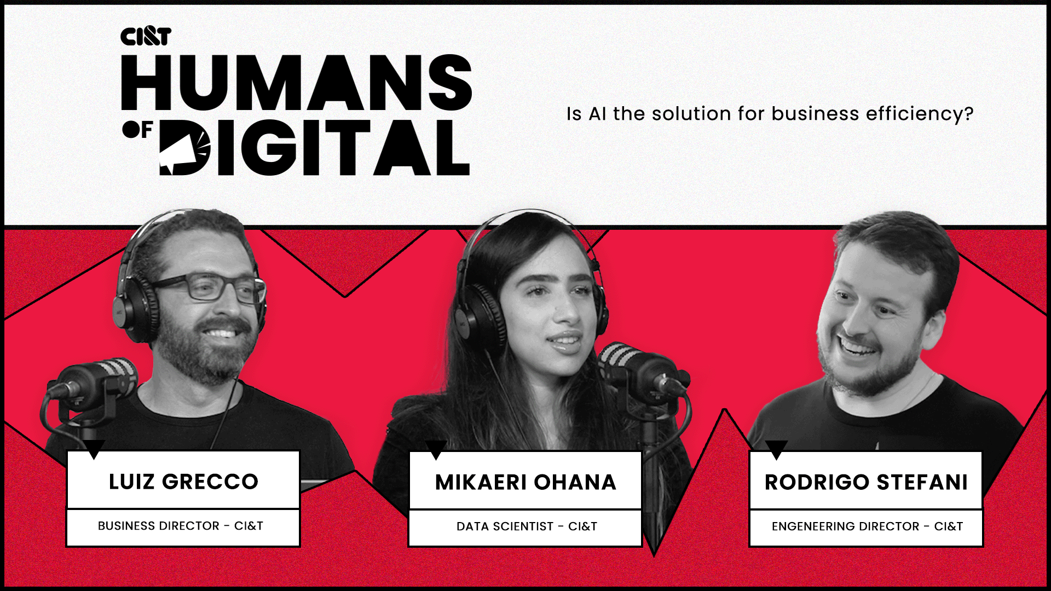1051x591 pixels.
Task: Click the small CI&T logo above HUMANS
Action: coord(146,37)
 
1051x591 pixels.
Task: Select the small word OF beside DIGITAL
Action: coord(137,130)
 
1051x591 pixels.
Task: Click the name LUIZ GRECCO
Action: coord(183,482)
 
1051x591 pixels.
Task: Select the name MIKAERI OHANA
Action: coord(525,482)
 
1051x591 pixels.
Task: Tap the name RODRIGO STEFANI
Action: coord(866,482)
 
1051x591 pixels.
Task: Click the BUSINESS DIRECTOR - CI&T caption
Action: coord(181,526)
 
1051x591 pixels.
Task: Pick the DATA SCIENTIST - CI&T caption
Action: coord(527,526)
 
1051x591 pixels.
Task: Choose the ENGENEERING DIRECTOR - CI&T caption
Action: coord(867,526)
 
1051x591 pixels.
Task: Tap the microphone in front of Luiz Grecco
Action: coord(96,378)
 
